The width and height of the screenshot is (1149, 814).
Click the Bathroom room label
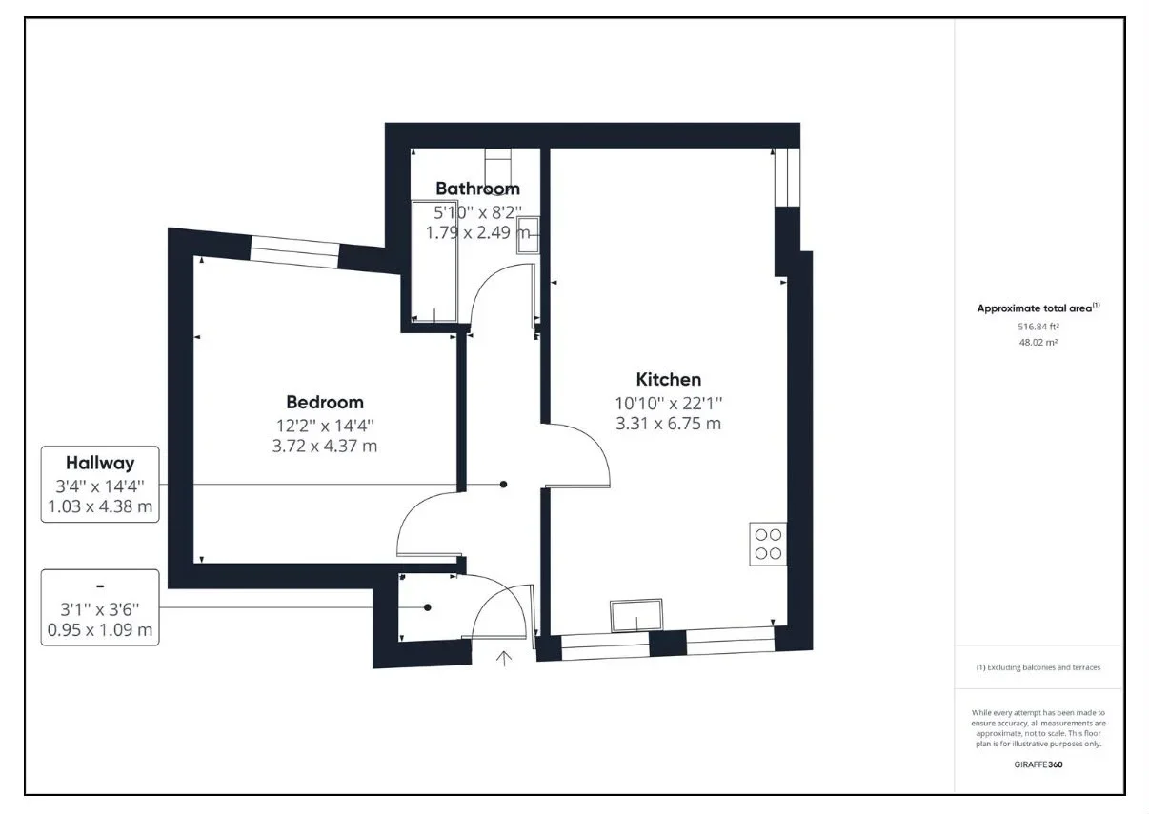point(477,189)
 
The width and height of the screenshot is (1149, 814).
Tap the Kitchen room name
point(669,379)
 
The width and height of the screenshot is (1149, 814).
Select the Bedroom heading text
point(325,403)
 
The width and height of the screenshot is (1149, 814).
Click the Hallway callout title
point(100,463)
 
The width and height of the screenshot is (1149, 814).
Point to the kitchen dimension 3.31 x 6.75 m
point(669,424)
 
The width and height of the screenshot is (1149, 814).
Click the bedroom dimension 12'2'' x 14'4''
point(325,426)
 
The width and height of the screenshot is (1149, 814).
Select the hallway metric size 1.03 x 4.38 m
point(100,506)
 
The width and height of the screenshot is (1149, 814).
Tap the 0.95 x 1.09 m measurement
point(100,629)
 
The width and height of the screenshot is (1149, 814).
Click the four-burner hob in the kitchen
point(768,544)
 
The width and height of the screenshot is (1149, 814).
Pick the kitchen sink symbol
point(636,615)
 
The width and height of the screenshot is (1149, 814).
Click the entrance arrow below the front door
point(504,659)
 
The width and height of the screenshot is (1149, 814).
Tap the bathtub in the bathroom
point(434,262)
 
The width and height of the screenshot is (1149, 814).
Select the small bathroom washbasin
point(528,235)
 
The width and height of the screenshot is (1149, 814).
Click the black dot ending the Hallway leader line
point(504,485)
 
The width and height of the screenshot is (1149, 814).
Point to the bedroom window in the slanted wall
point(294,251)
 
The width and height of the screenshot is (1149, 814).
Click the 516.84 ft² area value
point(1038,327)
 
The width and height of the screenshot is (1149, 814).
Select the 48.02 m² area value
point(1038,343)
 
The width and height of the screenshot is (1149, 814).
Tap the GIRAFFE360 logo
point(1038,764)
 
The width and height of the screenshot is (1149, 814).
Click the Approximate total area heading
point(1038,308)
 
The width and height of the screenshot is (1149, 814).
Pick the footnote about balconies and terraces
point(1038,667)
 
